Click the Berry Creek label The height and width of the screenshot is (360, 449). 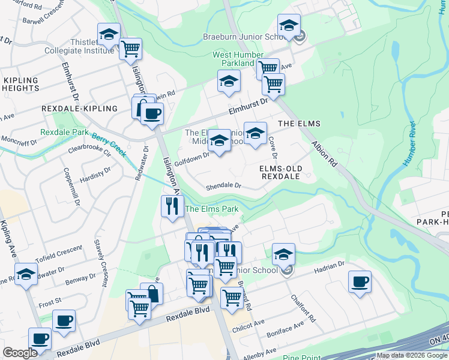click(x=109, y=144)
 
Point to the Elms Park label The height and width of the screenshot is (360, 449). click(x=212, y=209)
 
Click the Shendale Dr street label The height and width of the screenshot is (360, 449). click(x=223, y=186)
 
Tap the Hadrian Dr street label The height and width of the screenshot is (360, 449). click(x=328, y=263)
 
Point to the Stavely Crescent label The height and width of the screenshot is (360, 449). click(x=99, y=262)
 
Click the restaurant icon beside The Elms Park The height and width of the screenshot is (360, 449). click(x=172, y=206)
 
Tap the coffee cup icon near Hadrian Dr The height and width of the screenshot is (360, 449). click(x=360, y=282)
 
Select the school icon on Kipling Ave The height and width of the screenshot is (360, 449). click(x=26, y=275)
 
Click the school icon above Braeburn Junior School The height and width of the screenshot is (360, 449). click(x=289, y=26)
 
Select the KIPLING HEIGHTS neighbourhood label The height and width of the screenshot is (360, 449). click(x=20, y=84)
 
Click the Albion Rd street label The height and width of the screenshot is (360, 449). click(x=325, y=154)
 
